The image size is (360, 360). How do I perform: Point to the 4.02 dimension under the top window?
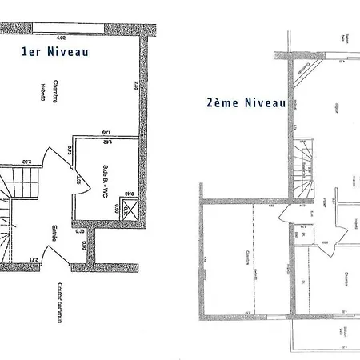pyautogui.click(x=60, y=38)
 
